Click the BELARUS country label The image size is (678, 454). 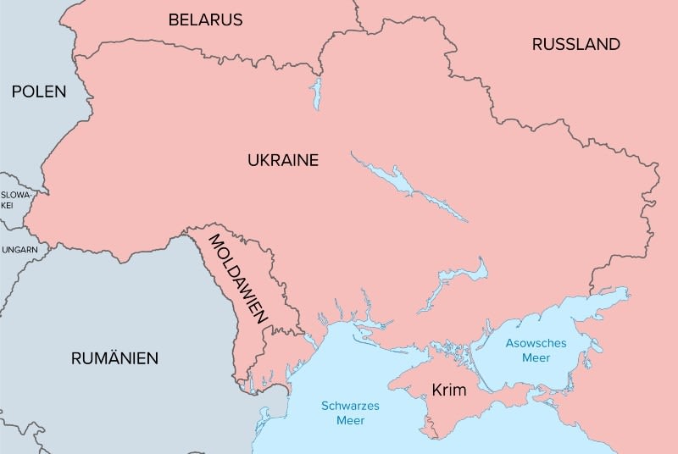pos(205,19)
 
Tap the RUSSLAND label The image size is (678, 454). pos(575,44)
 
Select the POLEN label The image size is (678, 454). pos(38,91)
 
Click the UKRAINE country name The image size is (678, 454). pos(282,160)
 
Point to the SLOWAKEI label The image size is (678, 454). pos(14,200)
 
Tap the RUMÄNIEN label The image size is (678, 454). pos(114,358)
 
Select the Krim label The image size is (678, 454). pos(449,390)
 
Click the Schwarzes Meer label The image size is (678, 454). pos(350,412)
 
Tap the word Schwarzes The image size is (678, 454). pos(350,405)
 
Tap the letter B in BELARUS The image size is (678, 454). pos(174,19)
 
